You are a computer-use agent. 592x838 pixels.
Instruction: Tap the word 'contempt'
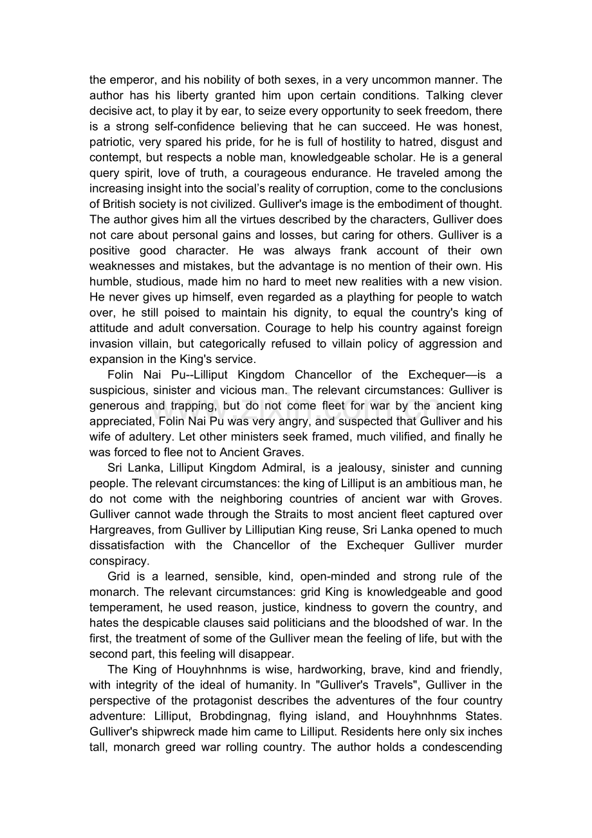pyautogui.click(x=112, y=158)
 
